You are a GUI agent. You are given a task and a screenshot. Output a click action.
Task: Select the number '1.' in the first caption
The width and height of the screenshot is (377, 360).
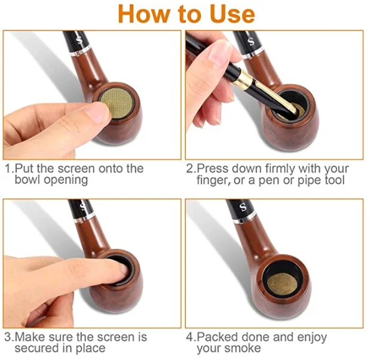coord(8,169)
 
